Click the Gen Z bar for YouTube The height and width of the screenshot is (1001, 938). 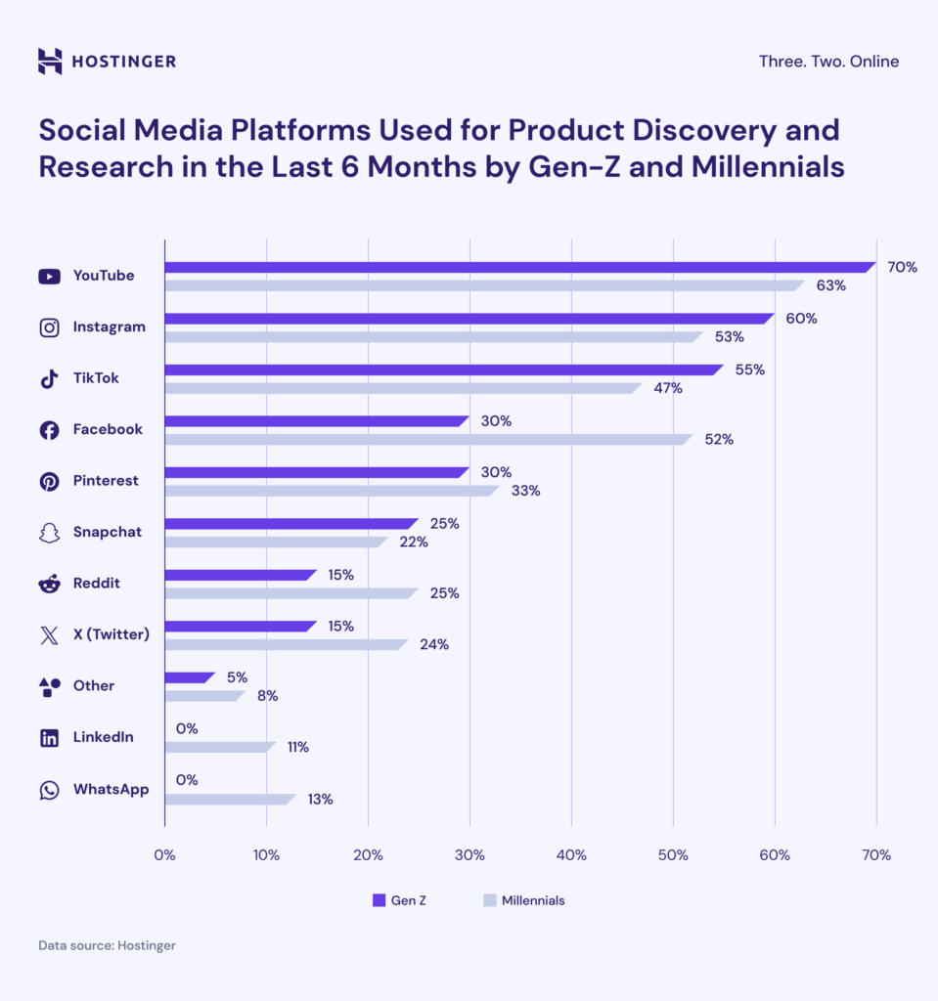[x=518, y=267]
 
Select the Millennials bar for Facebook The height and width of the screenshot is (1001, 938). [x=427, y=439]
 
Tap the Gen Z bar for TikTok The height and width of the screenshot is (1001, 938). [x=443, y=370]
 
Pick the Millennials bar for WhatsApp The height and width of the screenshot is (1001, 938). [x=229, y=799]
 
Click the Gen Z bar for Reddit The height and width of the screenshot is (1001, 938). [x=240, y=575]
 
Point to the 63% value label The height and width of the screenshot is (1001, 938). [x=830, y=285]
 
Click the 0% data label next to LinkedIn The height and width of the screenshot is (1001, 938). [x=187, y=728]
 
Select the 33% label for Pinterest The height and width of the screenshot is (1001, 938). [x=525, y=491]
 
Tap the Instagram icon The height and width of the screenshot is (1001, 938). [x=49, y=327]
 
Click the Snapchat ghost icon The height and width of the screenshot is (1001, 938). [x=49, y=533]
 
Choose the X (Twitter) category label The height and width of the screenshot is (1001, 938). [x=111, y=634]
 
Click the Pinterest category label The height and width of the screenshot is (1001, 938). [x=106, y=481]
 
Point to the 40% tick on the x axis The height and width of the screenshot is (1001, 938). [x=571, y=855]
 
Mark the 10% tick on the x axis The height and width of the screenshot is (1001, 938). [x=266, y=855]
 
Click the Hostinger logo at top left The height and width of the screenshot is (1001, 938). [x=107, y=62]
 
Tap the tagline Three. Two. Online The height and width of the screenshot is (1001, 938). [x=827, y=62]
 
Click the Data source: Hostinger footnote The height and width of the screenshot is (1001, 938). [x=107, y=946]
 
